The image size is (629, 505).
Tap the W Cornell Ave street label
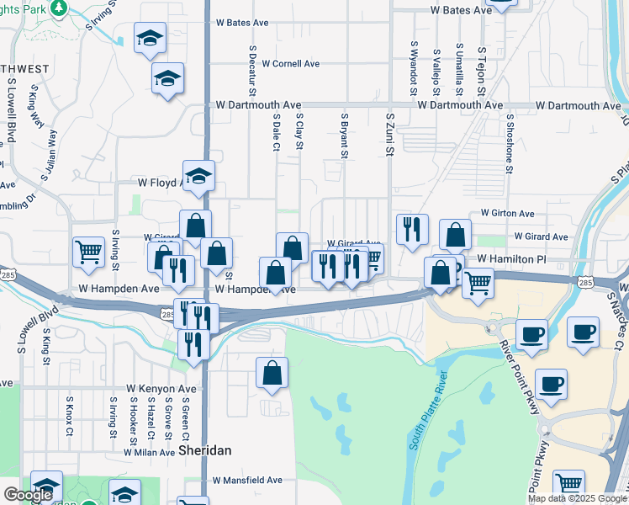click(290, 64)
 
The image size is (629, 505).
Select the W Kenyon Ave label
click(161, 389)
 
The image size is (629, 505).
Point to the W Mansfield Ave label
click(247, 481)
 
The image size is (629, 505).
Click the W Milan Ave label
click(149, 452)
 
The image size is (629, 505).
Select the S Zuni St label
click(389, 136)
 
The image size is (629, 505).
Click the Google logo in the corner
click(29, 496)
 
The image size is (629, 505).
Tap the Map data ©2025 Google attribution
click(578, 498)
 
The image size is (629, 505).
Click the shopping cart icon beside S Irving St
click(88, 251)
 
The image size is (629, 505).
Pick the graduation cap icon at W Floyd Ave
click(198, 176)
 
